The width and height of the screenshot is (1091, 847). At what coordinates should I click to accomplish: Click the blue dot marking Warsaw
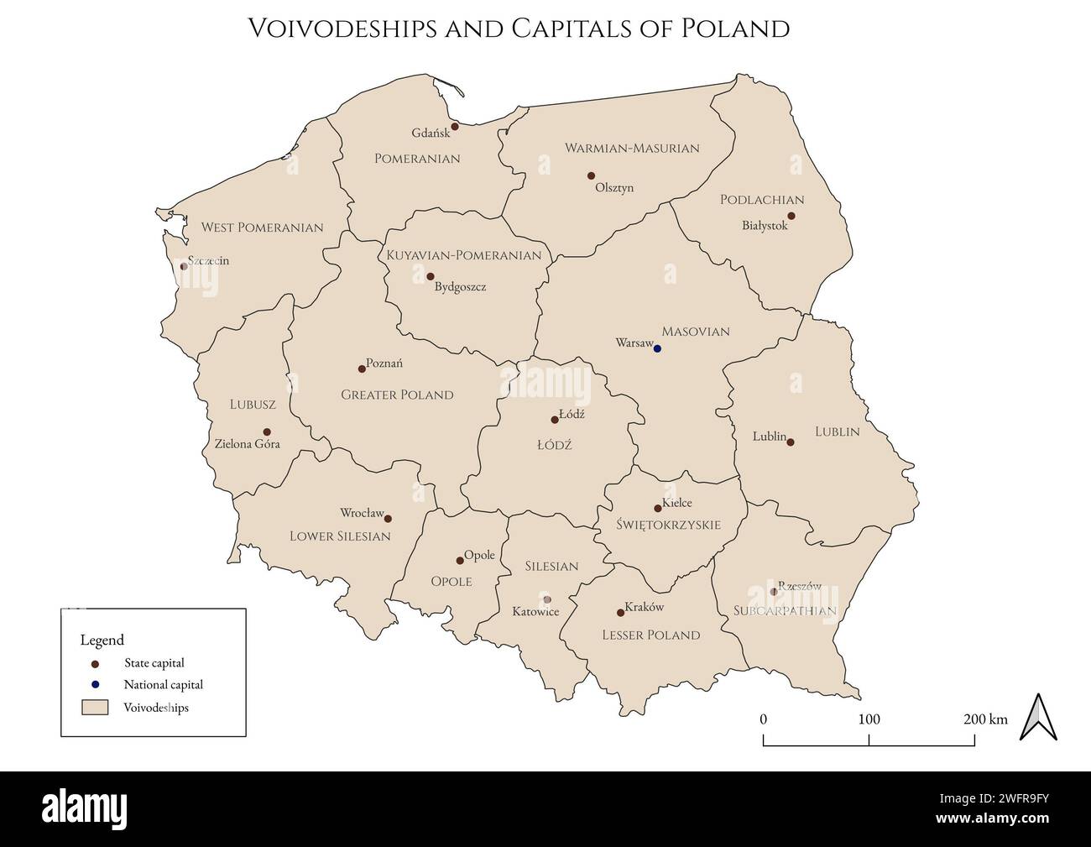point(657,348)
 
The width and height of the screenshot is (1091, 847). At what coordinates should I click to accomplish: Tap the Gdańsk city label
point(430,133)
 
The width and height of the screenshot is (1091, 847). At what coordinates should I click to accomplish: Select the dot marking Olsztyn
point(591,175)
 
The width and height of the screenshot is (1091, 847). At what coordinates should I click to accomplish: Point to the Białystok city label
point(765,225)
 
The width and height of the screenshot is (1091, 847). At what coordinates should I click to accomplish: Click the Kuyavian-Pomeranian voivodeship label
point(463,255)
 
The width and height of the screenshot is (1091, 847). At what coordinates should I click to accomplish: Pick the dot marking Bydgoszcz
point(431,276)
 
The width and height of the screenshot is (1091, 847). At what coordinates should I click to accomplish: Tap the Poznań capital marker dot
point(362,369)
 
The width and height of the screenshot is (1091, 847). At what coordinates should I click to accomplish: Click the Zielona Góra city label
point(247,443)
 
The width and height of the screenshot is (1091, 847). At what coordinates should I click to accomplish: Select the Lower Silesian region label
point(340,536)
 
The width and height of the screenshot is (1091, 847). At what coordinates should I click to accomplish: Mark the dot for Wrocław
point(388,519)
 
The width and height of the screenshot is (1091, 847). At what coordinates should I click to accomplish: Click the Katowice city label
point(535,611)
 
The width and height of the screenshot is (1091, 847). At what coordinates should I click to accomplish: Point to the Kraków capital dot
point(620,612)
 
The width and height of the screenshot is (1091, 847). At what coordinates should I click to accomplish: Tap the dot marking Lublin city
point(790,442)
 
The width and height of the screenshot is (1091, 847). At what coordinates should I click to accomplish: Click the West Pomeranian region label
point(262,227)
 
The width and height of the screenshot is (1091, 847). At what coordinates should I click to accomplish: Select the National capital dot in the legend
point(95,684)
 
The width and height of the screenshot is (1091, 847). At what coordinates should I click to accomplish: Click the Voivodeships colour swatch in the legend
point(95,708)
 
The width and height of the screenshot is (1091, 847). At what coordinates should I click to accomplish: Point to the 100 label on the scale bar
point(869,719)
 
